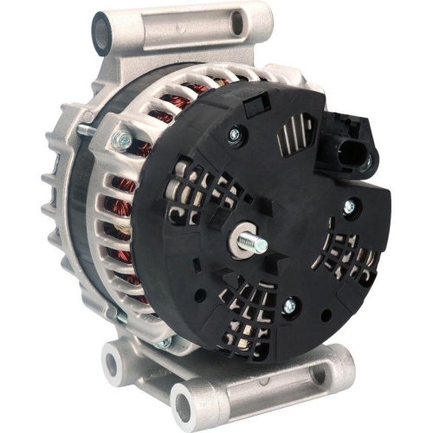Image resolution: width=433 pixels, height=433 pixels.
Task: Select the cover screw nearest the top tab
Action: [x=233, y=134]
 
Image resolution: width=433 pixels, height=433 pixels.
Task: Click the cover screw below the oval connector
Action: [x=349, y=206]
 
